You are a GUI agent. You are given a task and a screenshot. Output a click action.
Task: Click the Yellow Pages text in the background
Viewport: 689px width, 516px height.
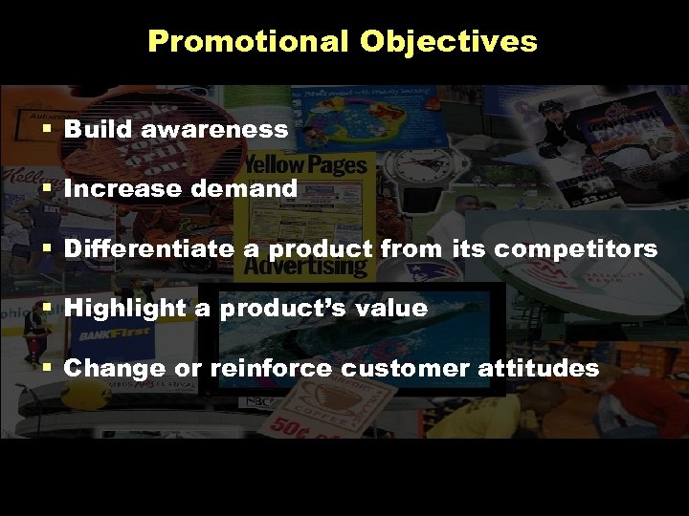point(304,165)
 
